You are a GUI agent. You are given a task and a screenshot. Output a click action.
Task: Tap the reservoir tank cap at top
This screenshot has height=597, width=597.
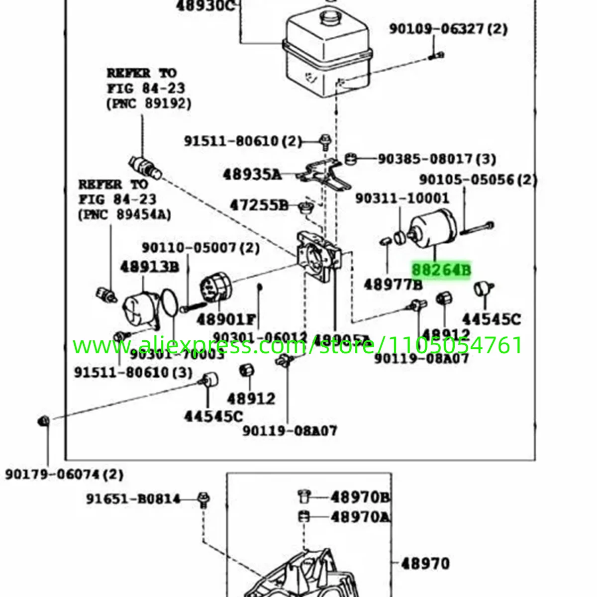[329, 19]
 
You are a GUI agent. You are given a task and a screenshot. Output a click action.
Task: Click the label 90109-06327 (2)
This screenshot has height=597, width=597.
[448, 29]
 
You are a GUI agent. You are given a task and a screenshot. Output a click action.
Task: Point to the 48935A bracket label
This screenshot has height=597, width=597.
[252, 175]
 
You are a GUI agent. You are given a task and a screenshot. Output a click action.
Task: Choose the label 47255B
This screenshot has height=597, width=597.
[259, 204]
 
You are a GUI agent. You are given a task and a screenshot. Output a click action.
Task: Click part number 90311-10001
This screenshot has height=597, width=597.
[402, 198]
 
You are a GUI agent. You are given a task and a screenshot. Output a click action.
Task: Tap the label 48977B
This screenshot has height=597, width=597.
[393, 285]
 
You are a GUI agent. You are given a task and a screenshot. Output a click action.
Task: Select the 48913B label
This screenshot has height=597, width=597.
[149, 267]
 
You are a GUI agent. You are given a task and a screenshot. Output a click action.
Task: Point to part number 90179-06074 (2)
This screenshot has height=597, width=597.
[64, 474]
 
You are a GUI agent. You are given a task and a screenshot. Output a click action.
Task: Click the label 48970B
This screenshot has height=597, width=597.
[360, 497]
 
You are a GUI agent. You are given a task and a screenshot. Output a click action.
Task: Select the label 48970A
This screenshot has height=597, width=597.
[360, 517]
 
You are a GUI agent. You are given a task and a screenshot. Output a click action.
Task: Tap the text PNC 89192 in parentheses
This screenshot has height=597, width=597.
[149, 103]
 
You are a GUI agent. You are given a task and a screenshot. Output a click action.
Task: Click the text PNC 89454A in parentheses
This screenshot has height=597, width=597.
[124, 214]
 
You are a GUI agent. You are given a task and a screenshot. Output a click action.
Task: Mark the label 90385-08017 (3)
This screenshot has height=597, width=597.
[437, 159]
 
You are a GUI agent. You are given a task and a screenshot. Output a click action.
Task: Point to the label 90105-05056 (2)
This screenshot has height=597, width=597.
[478, 179]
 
